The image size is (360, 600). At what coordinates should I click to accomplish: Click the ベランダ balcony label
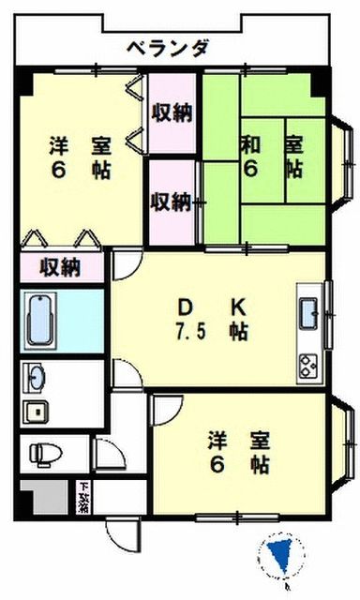coord(168,47)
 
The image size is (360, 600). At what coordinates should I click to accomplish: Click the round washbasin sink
coord(36,378)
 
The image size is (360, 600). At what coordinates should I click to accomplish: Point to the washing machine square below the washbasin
coord(35,412)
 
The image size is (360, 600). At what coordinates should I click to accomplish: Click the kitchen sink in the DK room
coord(308,312)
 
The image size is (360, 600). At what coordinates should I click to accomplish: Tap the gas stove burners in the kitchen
coord(308,362)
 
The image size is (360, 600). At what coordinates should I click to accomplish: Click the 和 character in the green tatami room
coord(248,145)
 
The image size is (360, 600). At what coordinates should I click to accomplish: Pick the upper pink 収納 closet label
coord(172,114)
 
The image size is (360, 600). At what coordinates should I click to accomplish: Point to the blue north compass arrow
coord(278,559)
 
